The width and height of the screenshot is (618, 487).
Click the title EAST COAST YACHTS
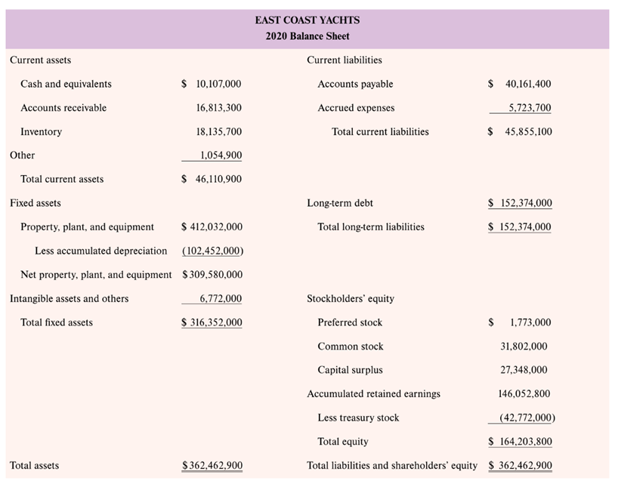[307, 20]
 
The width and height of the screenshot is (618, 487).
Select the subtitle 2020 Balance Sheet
[307, 36]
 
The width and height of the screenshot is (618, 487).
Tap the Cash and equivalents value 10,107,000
[212, 84]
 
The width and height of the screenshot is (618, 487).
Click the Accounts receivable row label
[63, 108]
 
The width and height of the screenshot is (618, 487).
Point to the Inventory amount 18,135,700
[218, 132]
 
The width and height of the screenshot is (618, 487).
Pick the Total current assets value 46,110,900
[212, 180]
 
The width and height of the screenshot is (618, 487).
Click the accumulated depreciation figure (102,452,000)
[212, 251]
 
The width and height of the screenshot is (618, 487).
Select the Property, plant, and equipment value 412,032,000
[212, 227]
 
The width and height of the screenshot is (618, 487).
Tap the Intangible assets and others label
[69, 299]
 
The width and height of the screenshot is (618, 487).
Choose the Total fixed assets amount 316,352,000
[212, 323]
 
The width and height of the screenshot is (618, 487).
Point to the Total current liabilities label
[380, 132]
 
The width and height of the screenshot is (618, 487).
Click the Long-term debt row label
[340, 203]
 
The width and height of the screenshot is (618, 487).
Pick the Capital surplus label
[350, 370]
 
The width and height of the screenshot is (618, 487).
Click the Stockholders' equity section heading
[351, 299]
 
